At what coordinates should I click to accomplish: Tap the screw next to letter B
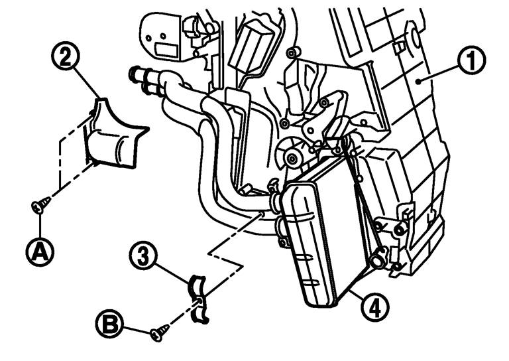156,335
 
